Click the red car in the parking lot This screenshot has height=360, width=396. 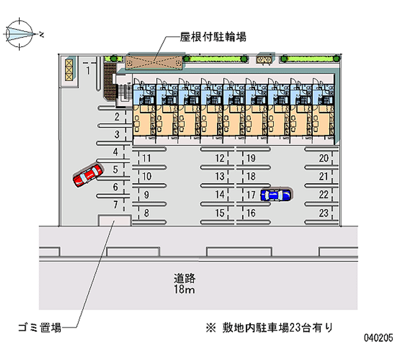tap(88, 175)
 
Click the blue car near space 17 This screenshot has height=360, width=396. tap(275, 195)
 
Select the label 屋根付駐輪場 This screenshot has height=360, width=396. tap(213, 37)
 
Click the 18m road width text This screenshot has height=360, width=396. tap(184, 290)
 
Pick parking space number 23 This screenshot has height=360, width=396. tap(324, 213)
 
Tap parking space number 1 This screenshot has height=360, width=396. tap(88, 70)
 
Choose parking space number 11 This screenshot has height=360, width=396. tap(146, 158)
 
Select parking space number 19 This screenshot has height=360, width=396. tap(251, 158)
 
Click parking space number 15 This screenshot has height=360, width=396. tap(220, 213)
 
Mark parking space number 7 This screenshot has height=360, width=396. tap(115, 204)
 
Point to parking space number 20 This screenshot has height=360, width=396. tap(324, 158)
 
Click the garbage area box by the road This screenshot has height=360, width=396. tap(114, 220)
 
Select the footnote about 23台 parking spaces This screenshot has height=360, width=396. tap(270, 327)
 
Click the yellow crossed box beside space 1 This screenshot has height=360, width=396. tap(69, 69)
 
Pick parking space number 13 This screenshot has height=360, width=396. tap(220, 176)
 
